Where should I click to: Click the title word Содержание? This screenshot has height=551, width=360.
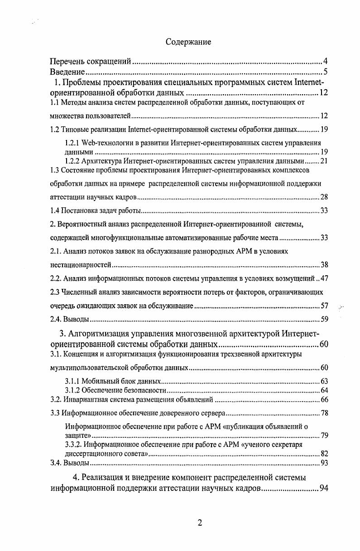[188, 42]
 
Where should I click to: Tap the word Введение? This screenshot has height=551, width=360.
[67, 72]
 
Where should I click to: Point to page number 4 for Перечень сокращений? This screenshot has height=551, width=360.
[326, 62]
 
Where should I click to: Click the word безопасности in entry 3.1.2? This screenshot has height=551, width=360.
[144, 390]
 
